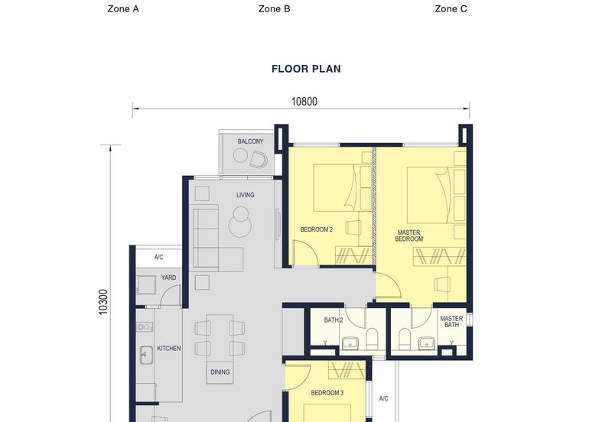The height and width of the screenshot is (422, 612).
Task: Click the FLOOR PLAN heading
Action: point(306,69)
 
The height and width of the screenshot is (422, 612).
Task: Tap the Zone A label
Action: point(123,9)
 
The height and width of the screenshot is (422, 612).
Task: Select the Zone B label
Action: point(274,9)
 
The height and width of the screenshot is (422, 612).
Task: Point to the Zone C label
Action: point(451,9)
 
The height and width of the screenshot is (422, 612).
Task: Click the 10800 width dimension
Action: point(304,101)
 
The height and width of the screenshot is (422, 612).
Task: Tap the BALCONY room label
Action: point(250,141)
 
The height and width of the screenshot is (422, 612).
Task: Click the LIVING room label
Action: point(245,195)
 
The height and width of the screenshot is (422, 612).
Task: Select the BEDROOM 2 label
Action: point(316,229)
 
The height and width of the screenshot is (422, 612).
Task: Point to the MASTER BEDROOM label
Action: point(409,235)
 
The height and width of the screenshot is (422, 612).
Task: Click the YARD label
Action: point(168,278)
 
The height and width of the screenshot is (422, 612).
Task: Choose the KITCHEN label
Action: point(169,348)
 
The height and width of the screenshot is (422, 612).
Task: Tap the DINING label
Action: point(220,372)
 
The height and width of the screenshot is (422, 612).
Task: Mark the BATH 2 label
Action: point(334,320)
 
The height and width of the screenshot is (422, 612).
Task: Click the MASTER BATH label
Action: point(451,322)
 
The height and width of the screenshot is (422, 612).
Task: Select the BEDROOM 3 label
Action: point(327,393)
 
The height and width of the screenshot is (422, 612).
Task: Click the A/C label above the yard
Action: point(158,258)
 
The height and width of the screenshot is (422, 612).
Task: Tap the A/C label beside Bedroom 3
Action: point(384,398)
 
